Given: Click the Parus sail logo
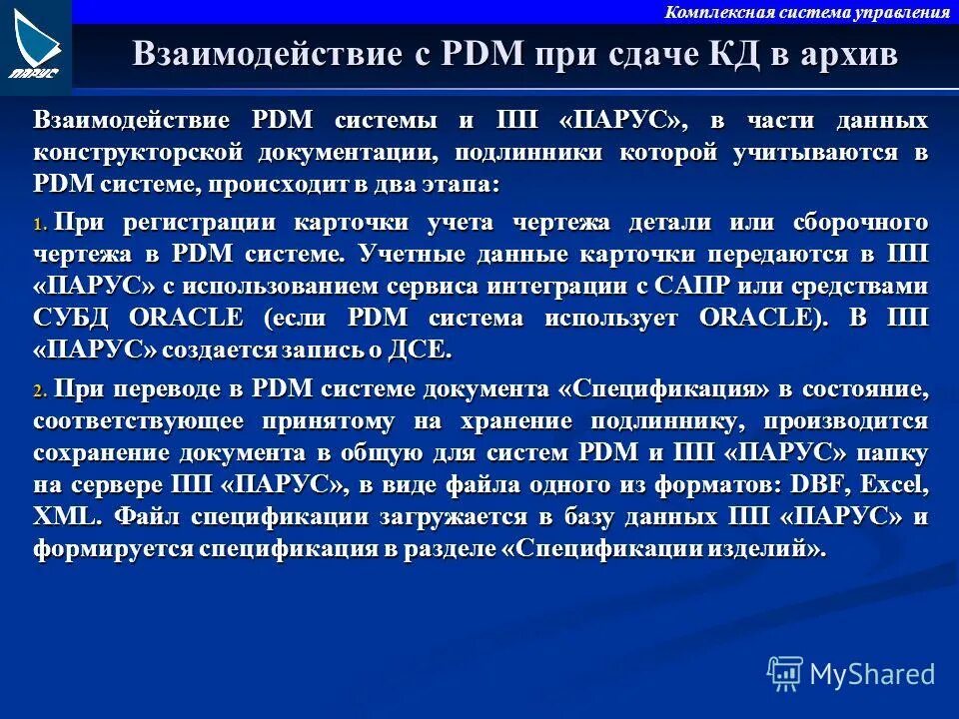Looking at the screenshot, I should coord(36,44).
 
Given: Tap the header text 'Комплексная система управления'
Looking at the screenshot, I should coord(807,12).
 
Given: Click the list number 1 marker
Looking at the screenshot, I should coord(40,226).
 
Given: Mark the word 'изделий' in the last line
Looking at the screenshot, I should coord(764,549).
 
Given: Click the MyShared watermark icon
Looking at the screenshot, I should coord(784,673).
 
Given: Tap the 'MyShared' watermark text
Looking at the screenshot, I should coord(872,674).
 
